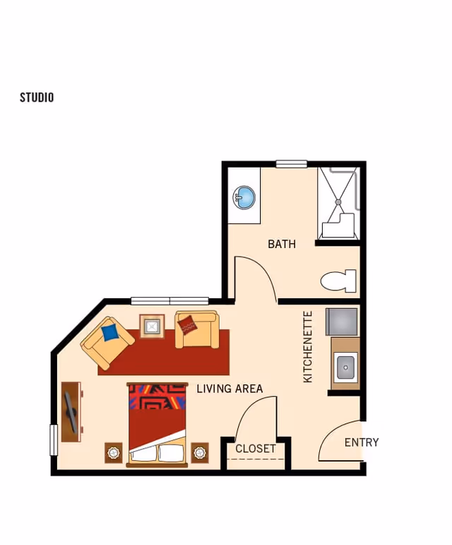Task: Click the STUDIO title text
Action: pyautogui.click(x=37, y=98)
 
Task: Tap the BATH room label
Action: pyautogui.click(x=281, y=244)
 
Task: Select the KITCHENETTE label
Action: pyautogui.click(x=308, y=346)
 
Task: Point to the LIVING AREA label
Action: pyautogui.click(x=230, y=388)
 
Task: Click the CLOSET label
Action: pyautogui.click(x=256, y=449)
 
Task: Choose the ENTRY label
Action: pyautogui.click(x=362, y=443)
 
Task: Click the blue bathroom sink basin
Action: pyautogui.click(x=245, y=197)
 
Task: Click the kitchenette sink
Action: pyautogui.click(x=345, y=366)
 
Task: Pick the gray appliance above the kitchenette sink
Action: pyautogui.click(x=342, y=322)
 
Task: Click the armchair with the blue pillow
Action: pyautogui.click(x=107, y=342)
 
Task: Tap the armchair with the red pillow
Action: pyautogui.click(x=196, y=330)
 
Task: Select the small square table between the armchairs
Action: pyautogui.click(x=152, y=326)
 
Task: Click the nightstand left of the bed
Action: pyautogui.click(x=114, y=452)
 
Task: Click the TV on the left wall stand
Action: pyautogui.click(x=71, y=412)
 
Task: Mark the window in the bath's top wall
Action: pyautogui.click(x=291, y=164)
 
